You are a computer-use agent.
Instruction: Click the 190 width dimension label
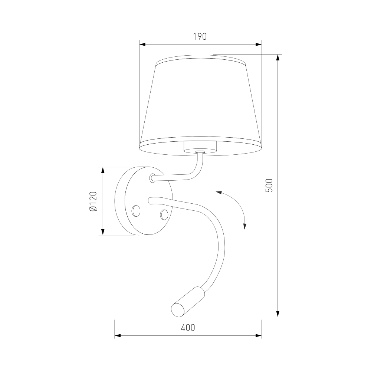coord(200,37)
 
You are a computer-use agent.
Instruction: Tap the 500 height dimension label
coord(269,185)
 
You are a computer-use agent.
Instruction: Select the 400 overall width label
coord(188,328)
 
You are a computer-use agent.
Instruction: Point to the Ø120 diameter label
coord(93,201)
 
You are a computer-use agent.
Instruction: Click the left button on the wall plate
coord(136,211)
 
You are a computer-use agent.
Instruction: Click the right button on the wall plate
coord(164,214)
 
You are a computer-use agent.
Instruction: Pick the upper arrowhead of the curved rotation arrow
coord(219,193)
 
